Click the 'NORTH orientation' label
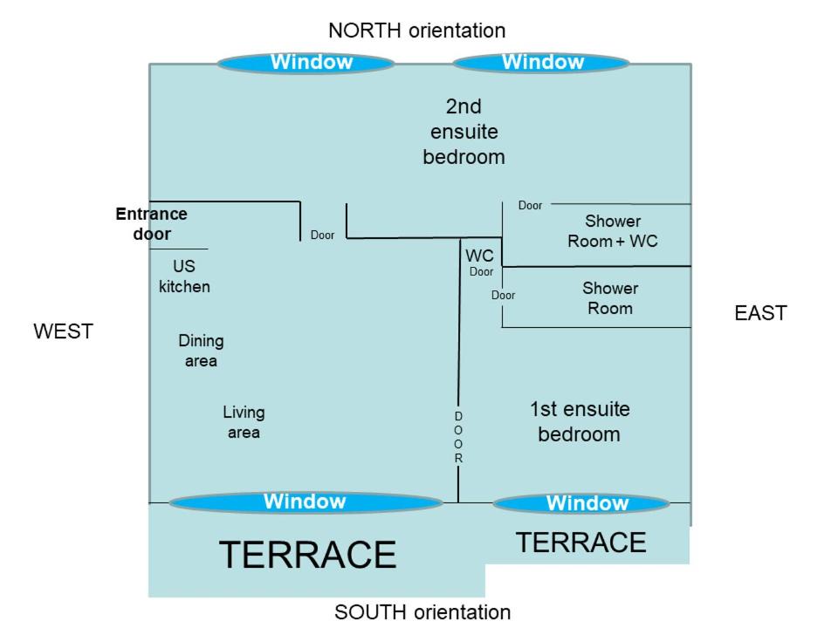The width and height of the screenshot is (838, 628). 416,31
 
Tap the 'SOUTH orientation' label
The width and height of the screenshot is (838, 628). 422,612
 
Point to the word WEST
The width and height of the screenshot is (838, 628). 63,331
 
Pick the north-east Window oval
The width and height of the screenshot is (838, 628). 541,63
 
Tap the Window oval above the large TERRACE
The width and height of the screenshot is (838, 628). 305,502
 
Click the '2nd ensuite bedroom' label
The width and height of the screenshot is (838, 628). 464,132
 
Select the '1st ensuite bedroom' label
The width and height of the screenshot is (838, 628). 579,421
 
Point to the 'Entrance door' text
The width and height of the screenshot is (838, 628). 152,223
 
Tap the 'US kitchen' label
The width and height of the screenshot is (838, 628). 184,276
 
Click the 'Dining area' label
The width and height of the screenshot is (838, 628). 201,351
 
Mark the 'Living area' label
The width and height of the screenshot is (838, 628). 244,422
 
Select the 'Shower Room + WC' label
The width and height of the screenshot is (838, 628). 613,231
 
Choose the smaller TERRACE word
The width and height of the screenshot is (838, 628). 580,543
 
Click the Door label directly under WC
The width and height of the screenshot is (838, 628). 482,271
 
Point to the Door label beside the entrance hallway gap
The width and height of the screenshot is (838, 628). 322,235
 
